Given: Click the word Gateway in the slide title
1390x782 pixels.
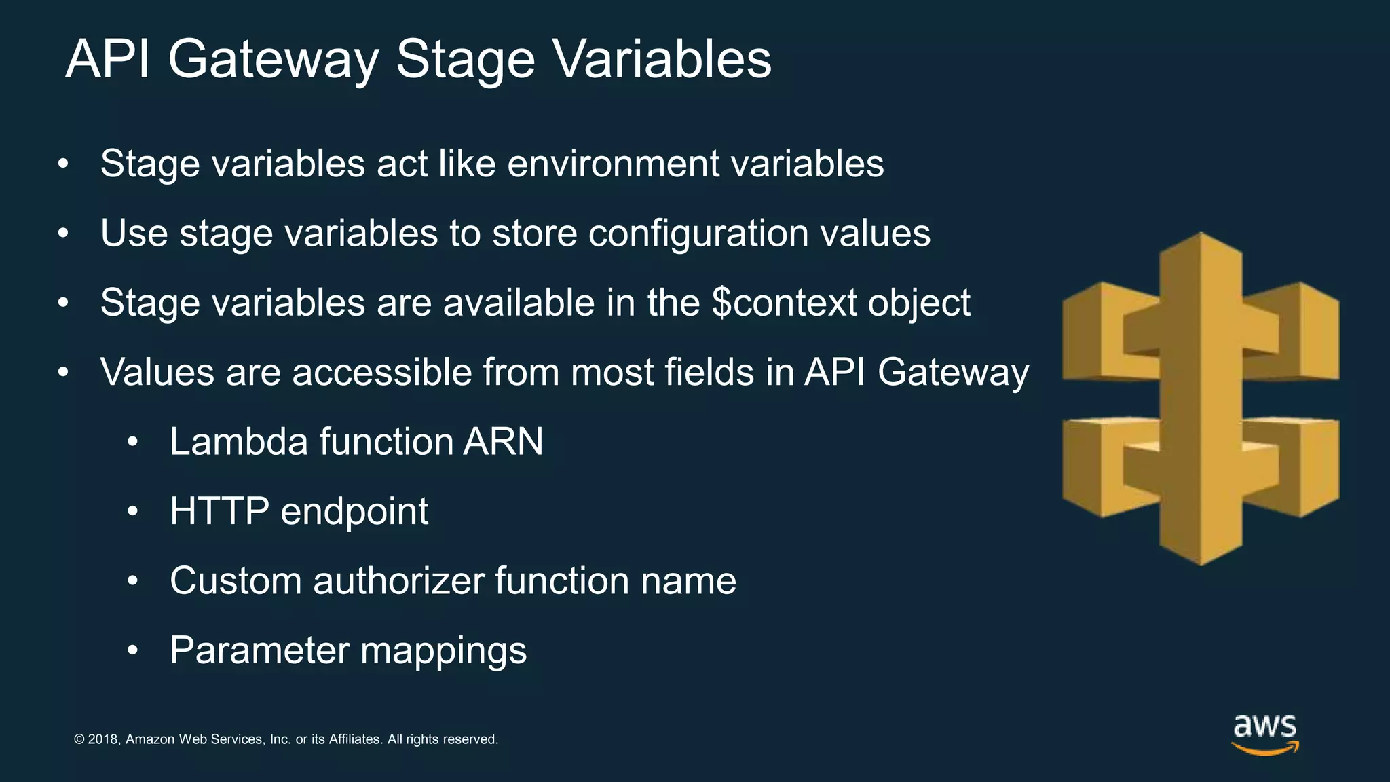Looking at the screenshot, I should [x=273, y=60].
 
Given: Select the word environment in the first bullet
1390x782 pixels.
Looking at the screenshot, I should [x=613, y=164].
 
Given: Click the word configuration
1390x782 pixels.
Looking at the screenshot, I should [x=698, y=234].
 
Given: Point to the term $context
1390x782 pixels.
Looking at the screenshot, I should [x=784, y=303].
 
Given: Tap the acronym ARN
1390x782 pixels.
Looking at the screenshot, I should [x=503, y=442].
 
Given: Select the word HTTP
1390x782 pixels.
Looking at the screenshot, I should [x=219, y=511].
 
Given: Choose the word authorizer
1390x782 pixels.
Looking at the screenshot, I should [x=398, y=581].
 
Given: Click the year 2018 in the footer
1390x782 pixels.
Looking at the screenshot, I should [x=103, y=739].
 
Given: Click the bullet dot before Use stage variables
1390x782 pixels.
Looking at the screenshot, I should [x=64, y=234].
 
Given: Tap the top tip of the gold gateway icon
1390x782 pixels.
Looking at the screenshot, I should [x=1201, y=236].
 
